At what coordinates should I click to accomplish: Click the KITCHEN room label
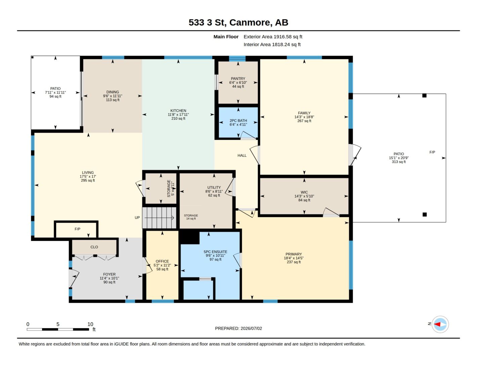tap(178, 111)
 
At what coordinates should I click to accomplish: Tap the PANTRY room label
tap(238, 78)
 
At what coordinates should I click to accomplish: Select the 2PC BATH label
tap(238, 120)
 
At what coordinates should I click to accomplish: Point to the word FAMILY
tap(304, 113)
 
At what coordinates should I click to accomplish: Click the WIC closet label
tap(304, 192)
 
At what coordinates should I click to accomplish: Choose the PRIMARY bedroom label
tap(294, 254)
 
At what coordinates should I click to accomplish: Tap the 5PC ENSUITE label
tap(215, 252)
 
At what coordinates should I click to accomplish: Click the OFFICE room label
tap(162, 261)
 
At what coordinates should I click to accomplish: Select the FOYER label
tap(109, 274)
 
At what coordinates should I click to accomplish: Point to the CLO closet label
tap(94, 247)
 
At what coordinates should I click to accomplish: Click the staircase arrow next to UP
tap(159, 218)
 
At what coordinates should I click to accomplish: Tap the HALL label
tap(242, 155)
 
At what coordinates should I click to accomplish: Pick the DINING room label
tap(113, 92)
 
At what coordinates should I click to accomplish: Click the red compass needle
tap(437, 324)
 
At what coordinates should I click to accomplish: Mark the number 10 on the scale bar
tap(90, 324)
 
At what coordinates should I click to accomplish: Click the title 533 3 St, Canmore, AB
tap(238, 22)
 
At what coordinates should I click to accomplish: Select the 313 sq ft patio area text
tap(399, 162)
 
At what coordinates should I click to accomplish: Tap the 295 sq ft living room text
tap(88, 180)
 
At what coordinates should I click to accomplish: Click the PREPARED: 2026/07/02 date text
tap(238, 328)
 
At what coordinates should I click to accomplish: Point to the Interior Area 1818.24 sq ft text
tap(272, 45)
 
